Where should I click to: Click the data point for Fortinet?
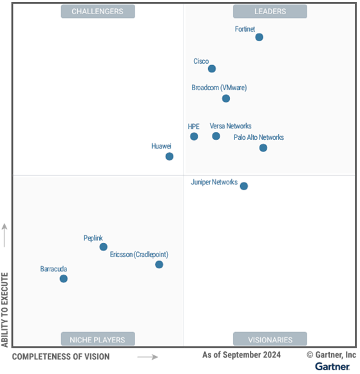point(259,37)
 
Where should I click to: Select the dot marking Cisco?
point(211,69)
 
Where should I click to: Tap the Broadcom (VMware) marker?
point(226,99)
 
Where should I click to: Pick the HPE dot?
point(194,136)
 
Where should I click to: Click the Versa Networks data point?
point(216,136)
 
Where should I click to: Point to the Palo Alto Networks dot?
point(263,148)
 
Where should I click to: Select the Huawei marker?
point(169,156)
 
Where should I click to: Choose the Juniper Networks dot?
point(243,186)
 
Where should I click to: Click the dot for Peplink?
point(103,247)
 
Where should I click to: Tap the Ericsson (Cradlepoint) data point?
point(159,264)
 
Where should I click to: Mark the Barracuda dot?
point(63,279)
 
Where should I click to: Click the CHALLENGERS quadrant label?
point(98,12)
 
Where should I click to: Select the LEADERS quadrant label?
point(270,12)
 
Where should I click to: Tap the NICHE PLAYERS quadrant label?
point(98,339)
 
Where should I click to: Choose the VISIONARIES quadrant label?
point(270,339)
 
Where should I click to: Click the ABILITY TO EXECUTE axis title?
point(5,310)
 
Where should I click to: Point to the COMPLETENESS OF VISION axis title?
point(61,357)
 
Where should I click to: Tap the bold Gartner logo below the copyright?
point(332,366)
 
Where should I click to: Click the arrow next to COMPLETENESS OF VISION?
point(147,357)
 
